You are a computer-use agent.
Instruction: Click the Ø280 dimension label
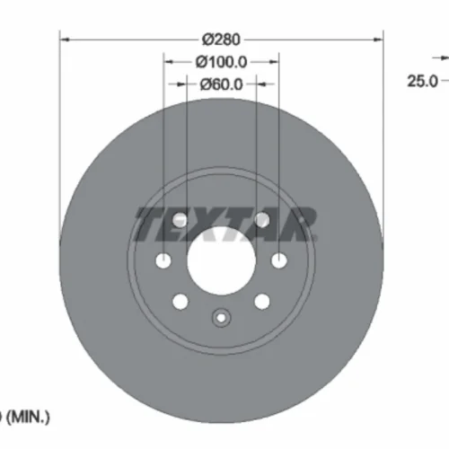tap(221, 40)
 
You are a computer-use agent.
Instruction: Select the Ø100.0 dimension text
tap(221, 62)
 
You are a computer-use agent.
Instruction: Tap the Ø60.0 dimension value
tap(221, 84)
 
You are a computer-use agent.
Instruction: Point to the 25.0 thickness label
tap(422, 81)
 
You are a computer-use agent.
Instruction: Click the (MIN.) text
tap(28, 417)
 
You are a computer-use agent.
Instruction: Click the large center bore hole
tap(222, 260)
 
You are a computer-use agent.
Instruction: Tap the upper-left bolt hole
tap(180, 220)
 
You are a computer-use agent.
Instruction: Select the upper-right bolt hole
tap(262, 220)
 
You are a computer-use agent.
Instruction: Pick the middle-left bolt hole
tap(163, 260)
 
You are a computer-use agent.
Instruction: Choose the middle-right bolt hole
tap(279, 260)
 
